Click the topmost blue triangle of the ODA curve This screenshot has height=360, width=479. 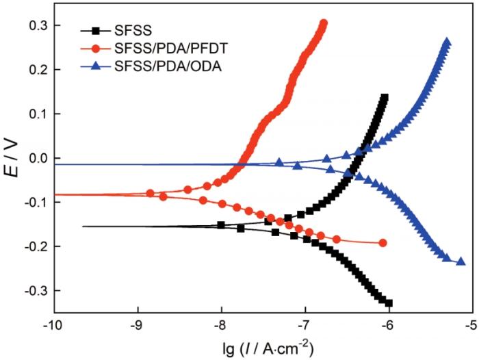pos(447,42)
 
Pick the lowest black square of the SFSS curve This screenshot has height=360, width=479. pos(389,303)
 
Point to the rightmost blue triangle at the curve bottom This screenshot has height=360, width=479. pos(461,261)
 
